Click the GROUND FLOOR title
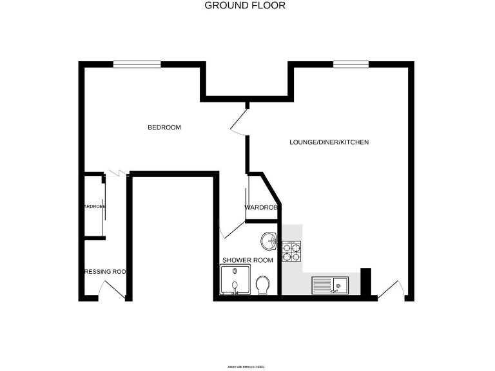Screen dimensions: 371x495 (245, 6)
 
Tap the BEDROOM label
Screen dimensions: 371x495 (164, 128)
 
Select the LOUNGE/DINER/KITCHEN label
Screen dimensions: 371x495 (329, 142)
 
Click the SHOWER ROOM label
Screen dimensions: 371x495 (247, 260)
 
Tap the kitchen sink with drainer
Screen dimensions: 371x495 (329, 285)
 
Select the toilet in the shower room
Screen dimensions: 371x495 (262, 284)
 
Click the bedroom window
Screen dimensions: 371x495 (137, 64)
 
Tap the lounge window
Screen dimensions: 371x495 (351, 64)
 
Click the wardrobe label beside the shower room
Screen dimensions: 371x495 (261, 207)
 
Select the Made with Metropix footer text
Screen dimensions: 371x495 (247, 366)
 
